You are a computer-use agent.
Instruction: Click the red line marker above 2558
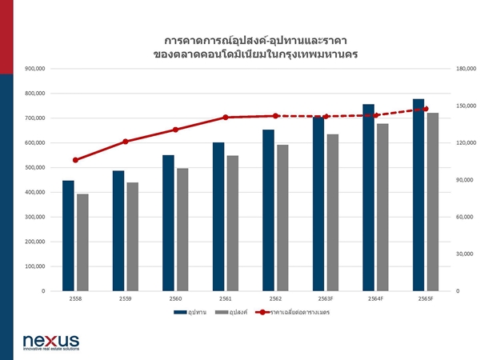point(75,160)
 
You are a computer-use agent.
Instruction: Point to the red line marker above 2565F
point(426,109)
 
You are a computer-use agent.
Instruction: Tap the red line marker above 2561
point(226,118)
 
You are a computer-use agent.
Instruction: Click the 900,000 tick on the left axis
point(36,69)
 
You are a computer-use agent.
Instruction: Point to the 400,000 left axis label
point(36,193)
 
